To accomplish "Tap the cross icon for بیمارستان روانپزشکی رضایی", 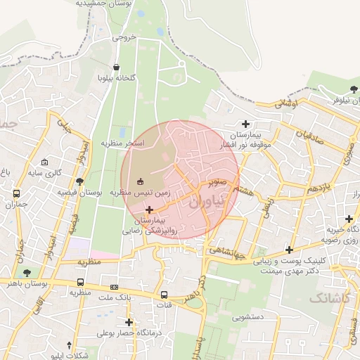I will click(x=149, y=210).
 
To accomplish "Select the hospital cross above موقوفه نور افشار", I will click(x=245, y=124).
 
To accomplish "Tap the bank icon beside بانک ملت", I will click(x=115, y=287).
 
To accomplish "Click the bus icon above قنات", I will click(x=164, y=295).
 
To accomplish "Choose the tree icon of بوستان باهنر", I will click(x=27, y=273).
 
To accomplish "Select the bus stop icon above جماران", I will click(x=15, y=194).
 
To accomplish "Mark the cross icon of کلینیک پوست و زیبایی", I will click(x=289, y=250).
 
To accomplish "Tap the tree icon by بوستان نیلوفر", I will click(x=354, y=90).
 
